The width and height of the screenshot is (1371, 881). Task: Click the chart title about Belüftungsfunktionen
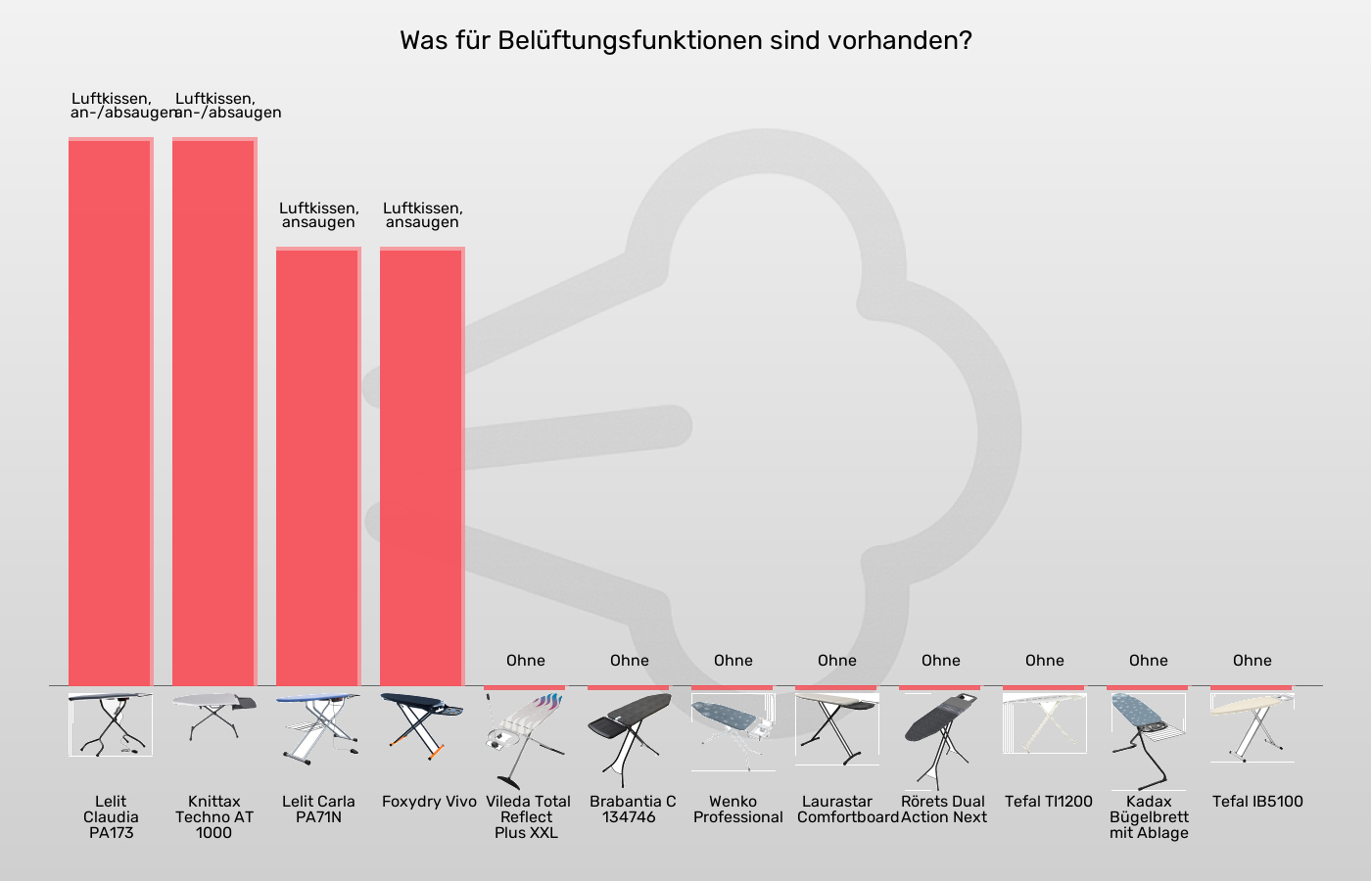(685, 41)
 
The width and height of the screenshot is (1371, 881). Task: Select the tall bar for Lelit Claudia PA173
(111, 411)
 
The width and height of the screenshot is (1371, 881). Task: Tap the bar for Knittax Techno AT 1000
(214, 411)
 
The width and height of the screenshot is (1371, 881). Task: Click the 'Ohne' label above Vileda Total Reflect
(526, 661)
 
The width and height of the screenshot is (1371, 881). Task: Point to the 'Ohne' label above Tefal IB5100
(1253, 661)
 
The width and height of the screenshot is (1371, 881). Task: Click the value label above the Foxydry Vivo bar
(422, 215)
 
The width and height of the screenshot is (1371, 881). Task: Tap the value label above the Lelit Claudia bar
(111, 106)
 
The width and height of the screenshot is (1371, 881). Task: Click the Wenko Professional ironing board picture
(733, 729)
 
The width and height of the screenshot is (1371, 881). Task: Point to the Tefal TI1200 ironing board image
(1045, 724)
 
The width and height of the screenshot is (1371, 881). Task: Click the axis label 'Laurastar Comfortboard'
(848, 810)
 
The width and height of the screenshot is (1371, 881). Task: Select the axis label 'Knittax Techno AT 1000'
(214, 816)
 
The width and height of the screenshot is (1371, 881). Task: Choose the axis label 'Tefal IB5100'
(1257, 802)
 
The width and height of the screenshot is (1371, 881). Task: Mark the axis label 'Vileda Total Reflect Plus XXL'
(527, 816)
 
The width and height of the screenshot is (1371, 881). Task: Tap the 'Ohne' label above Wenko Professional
(733, 661)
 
